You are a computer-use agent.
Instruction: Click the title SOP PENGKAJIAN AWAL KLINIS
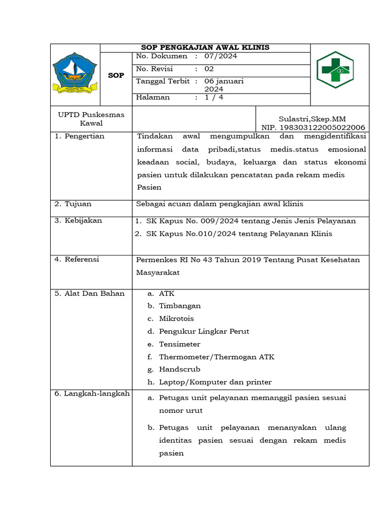(x=205, y=47)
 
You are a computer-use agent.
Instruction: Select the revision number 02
(x=209, y=69)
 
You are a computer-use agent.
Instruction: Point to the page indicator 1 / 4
(x=214, y=98)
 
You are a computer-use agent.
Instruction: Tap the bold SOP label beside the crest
(x=116, y=75)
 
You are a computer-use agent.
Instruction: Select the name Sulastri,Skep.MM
(x=312, y=119)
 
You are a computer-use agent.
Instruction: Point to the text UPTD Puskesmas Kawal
(x=91, y=119)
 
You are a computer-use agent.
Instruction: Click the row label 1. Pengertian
(x=80, y=136)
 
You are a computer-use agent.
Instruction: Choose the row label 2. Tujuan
(x=73, y=204)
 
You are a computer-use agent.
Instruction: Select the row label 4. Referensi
(x=77, y=259)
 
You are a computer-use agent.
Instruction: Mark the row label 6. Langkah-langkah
(x=92, y=393)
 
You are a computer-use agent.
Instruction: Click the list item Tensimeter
(x=180, y=344)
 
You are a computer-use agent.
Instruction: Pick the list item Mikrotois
(x=176, y=319)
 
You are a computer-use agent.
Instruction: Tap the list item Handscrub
(x=180, y=370)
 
